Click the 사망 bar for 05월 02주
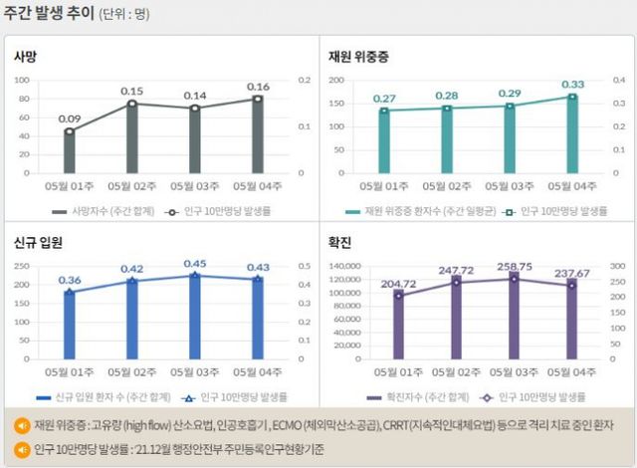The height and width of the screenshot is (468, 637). point(132,137)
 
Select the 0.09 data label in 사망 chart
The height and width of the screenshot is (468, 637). point(70,119)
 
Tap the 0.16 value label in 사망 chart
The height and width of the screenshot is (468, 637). point(258,87)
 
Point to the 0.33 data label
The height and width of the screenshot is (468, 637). point(573,85)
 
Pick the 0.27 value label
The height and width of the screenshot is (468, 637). point(384,99)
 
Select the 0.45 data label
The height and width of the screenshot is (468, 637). point(195,264)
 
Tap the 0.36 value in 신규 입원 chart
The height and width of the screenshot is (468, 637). point(70,280)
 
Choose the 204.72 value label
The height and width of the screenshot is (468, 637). point(398,284)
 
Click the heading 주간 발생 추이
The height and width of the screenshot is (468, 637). point(48,16)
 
